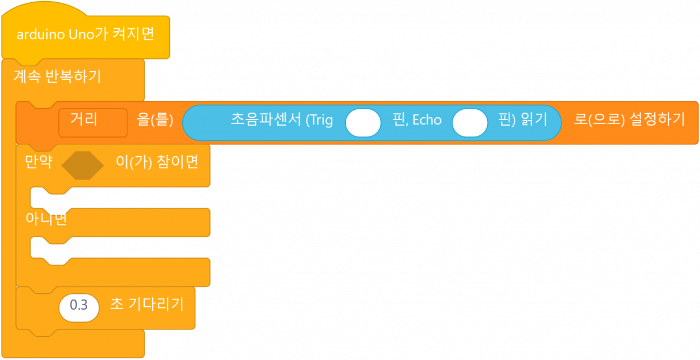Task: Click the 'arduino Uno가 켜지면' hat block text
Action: click(x=85, y=35)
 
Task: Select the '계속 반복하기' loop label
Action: click(x=57, y=76)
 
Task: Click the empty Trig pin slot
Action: click(x=363, y=123)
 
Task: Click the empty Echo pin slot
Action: click(x=470, y=123)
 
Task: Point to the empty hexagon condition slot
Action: click(x=82, y=165)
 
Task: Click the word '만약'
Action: click(x=38, y=162)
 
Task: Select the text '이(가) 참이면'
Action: click(x=157, y=162)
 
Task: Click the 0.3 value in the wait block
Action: click(x=79, y=306)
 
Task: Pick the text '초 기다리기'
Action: click(x=147, y=305)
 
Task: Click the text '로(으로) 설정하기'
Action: click(x=629, y=120)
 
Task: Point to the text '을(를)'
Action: click(x=154, y=120)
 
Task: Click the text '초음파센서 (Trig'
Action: click(x=281, y=120)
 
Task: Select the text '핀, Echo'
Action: click(x=416, y=120)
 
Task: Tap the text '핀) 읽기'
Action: click(x=523, y=120)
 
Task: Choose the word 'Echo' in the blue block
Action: click(x=427, y=120)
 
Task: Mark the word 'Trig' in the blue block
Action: click(x=320, y=120)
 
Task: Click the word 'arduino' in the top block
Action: click(x=41, y=35)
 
